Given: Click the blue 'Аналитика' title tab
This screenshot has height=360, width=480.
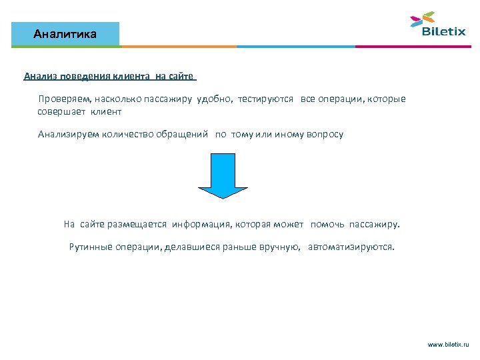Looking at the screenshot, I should tap(65, 33).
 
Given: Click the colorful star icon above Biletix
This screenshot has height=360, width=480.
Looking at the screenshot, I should tap(423, 19).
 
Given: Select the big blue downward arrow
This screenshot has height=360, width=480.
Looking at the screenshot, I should tap(224, 175).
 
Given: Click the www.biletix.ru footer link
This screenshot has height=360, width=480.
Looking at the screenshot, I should tap(448, 344).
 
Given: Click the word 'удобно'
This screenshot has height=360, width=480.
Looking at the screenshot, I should tap(211, 99).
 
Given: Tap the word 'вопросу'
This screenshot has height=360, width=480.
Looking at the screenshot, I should tap(325, 134).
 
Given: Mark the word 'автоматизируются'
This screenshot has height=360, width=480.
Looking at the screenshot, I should tap(351, 247).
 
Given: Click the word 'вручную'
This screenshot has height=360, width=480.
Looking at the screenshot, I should tap(281, 247).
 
